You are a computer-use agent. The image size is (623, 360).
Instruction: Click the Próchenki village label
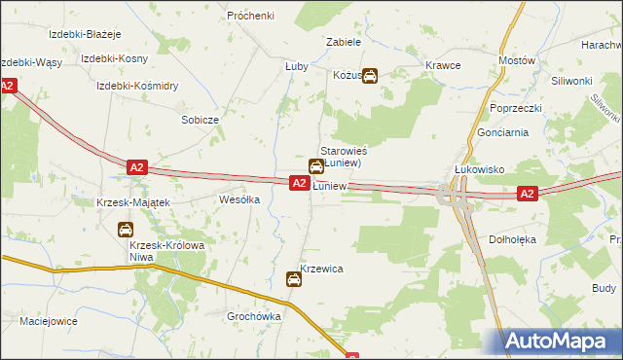pyautogui.click(x=250, y=16)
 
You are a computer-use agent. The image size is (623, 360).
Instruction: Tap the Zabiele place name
pyautogui.click(x=344, y=43)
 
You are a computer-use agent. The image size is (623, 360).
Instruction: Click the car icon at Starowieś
pyautogui.click(x=316, y=167)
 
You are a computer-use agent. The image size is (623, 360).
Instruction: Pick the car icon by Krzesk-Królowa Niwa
pyautogui.click(x=126, y=230)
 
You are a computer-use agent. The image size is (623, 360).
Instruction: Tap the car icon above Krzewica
pyautogui.click(x=294, y=280)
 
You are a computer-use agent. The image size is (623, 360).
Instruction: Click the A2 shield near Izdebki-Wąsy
pyautogui.click(x=7, y=86)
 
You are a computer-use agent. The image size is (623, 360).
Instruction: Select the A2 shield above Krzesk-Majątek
pyautogui.click(x=137, y=167)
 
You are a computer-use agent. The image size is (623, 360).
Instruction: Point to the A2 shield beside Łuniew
pyautogui.click(x=299, y=183)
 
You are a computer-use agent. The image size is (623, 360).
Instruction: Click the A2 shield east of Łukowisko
pyautogui.click(x=527, y=194)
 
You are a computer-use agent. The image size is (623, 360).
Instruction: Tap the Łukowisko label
pyautogui.click(x=478, y=168)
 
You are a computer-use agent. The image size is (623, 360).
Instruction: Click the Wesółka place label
pyautogui.click(x=239, y=199)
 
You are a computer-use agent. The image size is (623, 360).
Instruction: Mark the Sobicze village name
pyautogui.click(x=200, y=119)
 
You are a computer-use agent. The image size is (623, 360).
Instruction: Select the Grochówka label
pyautogui.click(x=254, y=316)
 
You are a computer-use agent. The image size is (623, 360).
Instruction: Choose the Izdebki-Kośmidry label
pyautogui.click(x=136, y=86)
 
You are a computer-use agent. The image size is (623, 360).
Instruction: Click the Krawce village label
pyautogui.click(x=443, y=65)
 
